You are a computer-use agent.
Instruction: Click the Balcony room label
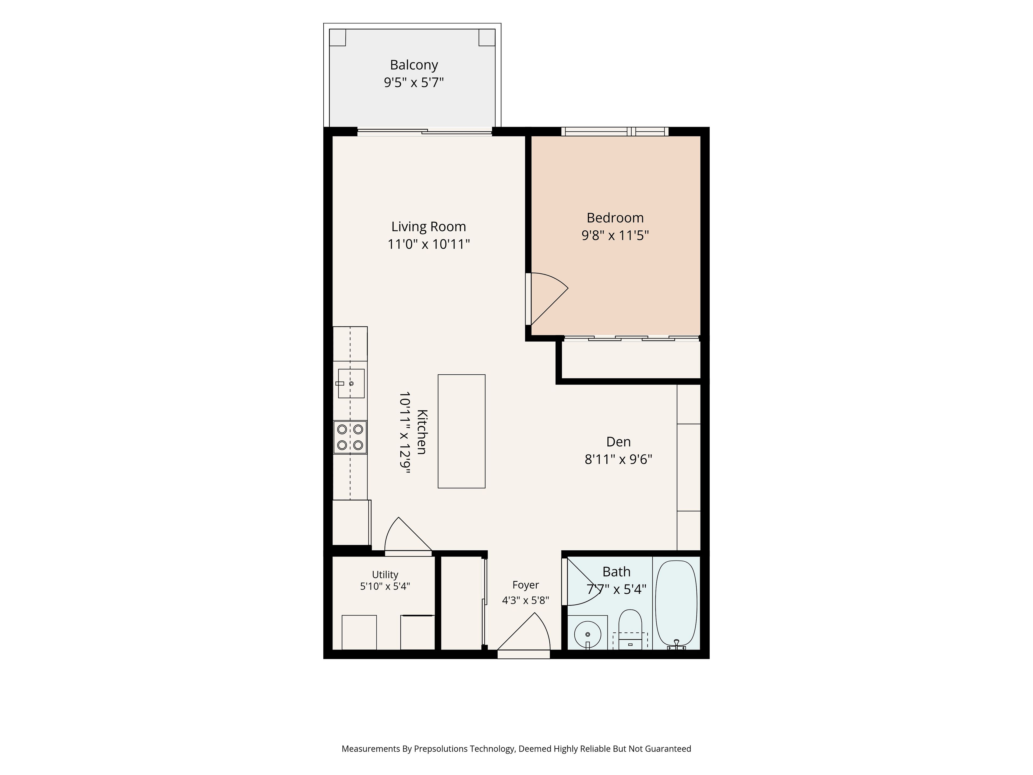click(x=414, y=65)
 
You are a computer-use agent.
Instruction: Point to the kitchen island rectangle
click(x=461, y=431)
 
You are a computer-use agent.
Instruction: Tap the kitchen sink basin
click(x=351, y=383)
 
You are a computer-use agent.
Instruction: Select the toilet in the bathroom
click(x=631, y=629)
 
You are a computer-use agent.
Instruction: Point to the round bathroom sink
click(x=588, y=634)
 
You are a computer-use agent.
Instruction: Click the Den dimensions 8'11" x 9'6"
click(x=618, y=459)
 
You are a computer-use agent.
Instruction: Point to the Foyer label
click(x=525, y=585)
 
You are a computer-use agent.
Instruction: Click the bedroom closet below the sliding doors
click(x=631, y=360)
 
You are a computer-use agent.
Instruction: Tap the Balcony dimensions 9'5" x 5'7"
click(x=414, y=83)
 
